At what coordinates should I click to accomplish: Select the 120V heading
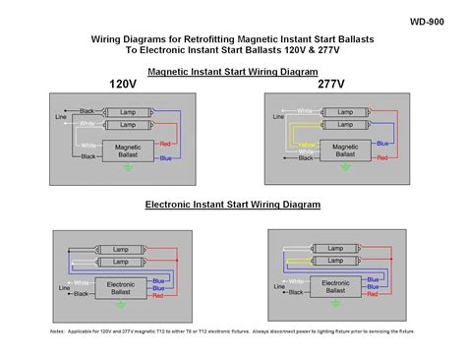click(124, 84)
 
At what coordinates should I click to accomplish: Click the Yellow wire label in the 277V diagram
click(306, 145)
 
